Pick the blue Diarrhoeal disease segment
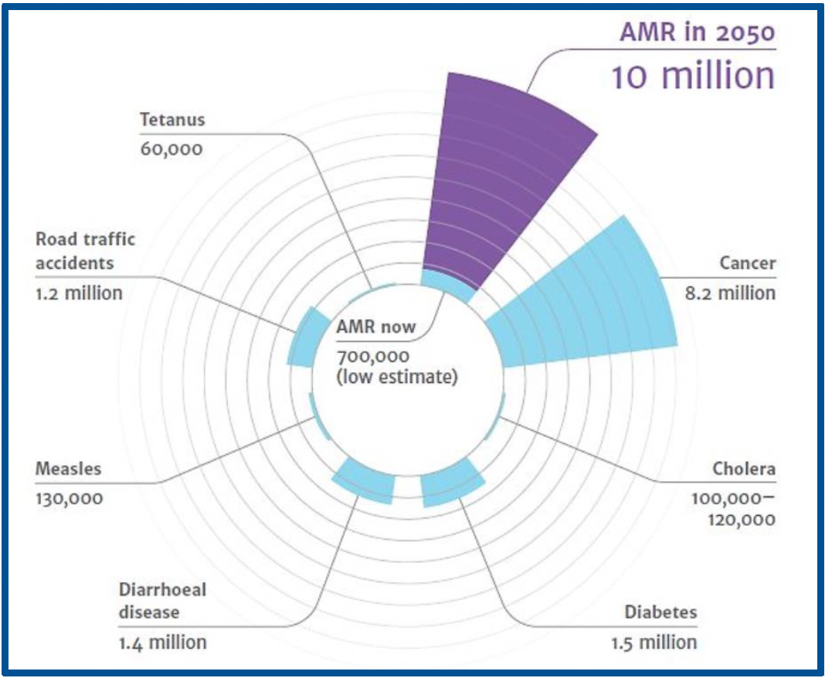coord(365,480)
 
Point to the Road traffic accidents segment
coord(303,338)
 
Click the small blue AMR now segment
coord(446,285)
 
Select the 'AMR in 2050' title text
coord(697,32)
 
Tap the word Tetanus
coord(172,120)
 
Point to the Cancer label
coord(747,263)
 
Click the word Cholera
coord(744,469)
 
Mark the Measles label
coord(68,469)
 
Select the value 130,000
coord(69,498)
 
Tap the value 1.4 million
coord(162,642)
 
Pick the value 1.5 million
coord(653,642)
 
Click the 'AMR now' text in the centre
coord(375,327)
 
